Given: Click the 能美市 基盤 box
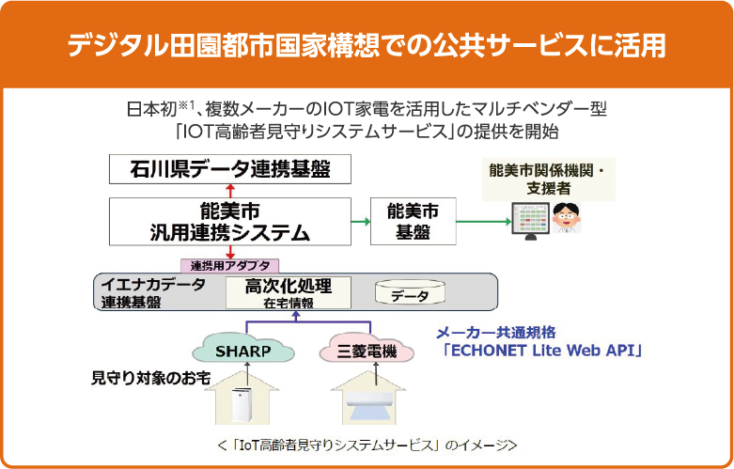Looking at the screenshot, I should coord(413,221).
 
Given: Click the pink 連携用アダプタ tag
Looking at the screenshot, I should coord(230,265).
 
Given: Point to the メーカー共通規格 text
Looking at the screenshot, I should coord(496,332).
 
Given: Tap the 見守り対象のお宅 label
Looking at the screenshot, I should coord(149,380).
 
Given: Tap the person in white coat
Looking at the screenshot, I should coord(567,219).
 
